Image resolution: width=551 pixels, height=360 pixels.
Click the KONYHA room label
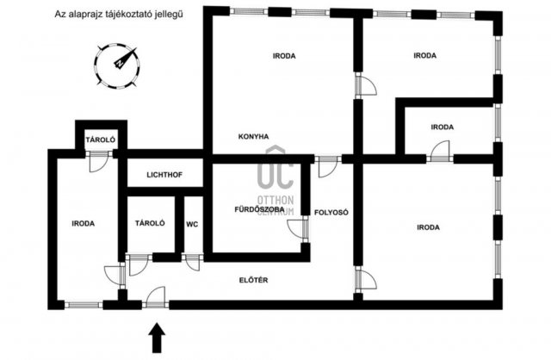coord(253,136)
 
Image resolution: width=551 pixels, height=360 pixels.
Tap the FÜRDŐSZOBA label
coord(259,209)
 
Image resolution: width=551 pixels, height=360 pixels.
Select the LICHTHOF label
coord(164,175)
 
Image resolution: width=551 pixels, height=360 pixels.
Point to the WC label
coord(192,224)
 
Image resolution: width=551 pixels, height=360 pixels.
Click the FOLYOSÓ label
coord(331,213)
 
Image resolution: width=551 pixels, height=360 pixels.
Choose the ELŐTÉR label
coord(253,280)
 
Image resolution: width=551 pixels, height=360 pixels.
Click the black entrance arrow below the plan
coord(157,338)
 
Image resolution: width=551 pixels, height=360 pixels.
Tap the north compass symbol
coord(117,65)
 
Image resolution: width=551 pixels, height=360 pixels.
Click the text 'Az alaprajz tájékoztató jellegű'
coord(119,15)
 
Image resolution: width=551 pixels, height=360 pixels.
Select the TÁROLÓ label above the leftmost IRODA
coord(101,140)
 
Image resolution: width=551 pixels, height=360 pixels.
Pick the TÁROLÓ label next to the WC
coord(150,223)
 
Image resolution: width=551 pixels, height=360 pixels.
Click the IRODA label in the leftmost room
coord(84,224)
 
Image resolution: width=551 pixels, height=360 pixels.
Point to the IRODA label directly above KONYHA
coord(284,56)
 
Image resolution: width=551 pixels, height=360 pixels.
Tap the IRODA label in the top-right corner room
coord(424,55)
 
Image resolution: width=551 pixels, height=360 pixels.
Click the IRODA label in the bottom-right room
coord(428,227)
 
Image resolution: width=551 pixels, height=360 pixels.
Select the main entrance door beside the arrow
coord(156,298)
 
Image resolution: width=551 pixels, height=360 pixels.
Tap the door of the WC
coord(193,263)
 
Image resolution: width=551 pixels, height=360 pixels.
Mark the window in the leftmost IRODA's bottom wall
coord(84,305)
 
